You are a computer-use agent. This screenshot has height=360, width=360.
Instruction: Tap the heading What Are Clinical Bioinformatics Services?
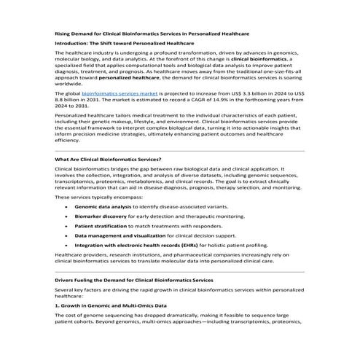click(108, 159)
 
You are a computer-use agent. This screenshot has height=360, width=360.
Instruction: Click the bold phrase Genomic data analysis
click(103, 206)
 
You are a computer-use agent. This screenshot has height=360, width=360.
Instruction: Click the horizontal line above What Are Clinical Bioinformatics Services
click(179, 150)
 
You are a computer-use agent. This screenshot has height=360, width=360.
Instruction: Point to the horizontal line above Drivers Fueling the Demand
click(179, 270)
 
